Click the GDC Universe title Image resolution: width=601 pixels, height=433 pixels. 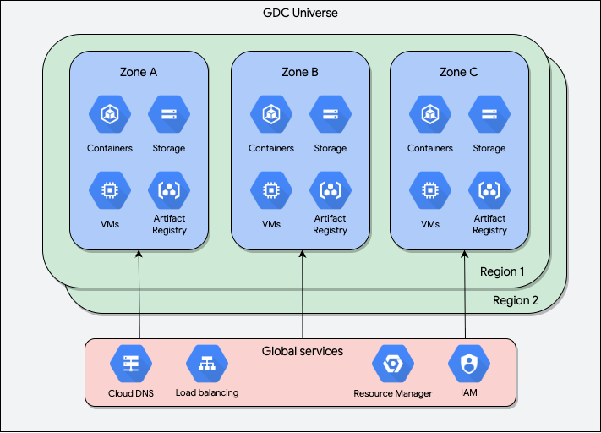pyautogui.click(x=300, y=14)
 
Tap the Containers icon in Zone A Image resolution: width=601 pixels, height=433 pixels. pyautogui.click(x=110, y=114)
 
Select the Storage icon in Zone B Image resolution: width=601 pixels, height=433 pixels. pyautogui.click(x=330, y=114)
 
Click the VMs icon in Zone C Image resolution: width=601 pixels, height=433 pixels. pyautogui.click(x=429, y=190)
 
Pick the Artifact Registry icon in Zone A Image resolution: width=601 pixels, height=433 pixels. pyautogui.click(x=169, y=190)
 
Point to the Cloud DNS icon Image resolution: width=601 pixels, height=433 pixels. pyautogui.click(x=131, y=364)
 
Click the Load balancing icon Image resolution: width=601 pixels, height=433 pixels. pyautogui.click(x=207, y=364)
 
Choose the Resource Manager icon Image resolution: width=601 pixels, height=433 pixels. pyautogui.click(x=392, y=364)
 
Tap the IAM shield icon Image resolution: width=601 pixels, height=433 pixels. pyautogui.click(x=467, y=364)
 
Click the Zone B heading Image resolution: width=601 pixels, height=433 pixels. pyautogui.click(x=300, y=72)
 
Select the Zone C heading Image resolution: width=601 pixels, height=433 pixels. pyautogui.click(x=459, y=72)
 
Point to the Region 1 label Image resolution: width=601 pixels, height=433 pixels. pyautogui.click(x=502, y=271)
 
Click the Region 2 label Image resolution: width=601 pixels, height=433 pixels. pyautogui.click(x=516, y=301)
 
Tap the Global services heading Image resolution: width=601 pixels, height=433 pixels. pyautogui.click(x=303, y=350)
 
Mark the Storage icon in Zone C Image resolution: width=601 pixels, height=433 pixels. pyautogui.click(x=489, y=114)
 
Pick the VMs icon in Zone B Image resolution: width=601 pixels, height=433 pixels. pyautogui.click(x=270, y=190)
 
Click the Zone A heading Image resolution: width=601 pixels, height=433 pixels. pyautogui.click(x=139, y=72)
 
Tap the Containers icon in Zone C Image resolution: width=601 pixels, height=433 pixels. pyautogui.click(x=429, y=114)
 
